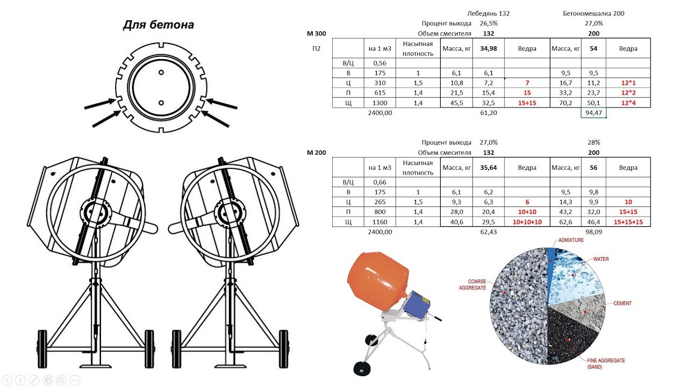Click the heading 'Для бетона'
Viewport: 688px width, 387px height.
point(159,25)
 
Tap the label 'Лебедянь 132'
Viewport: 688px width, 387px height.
point(489,13)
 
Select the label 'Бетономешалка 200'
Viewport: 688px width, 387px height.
point(593,13)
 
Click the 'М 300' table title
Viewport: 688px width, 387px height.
point(317,33)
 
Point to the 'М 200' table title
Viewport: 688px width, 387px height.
point(317,153)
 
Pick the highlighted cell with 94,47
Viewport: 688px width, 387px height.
point(594,113)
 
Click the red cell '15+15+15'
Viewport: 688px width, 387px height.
point(628,222)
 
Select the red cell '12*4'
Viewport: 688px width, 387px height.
point(628,103)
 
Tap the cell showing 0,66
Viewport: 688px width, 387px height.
point(379,182)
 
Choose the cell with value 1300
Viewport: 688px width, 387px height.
point(379,103)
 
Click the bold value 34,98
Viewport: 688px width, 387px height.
point(489,48)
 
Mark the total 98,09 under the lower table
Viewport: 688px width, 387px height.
point(594,232)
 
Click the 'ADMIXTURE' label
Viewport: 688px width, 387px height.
point(571,240)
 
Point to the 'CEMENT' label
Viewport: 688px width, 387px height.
point(622,304)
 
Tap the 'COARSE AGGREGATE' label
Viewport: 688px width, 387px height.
point(472,285)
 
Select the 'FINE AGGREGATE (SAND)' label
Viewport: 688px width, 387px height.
point(606,364)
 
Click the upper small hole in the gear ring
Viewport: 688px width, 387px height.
point(161,73)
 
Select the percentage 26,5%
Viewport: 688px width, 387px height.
point(489,23)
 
